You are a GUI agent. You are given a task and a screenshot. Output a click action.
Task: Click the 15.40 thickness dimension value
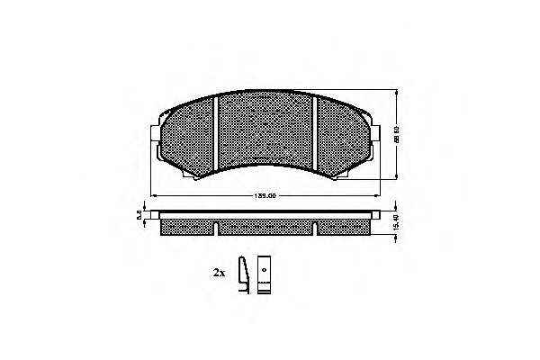click(397, 219)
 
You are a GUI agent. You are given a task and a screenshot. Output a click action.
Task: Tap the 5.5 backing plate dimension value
click(139, 213)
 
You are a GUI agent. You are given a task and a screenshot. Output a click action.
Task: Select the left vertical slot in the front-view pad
click(216, 136)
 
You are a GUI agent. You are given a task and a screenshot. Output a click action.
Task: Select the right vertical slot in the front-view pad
click(319, 136)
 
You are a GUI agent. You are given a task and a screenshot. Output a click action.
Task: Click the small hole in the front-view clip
click(264, 270)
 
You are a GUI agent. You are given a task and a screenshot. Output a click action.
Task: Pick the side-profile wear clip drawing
click(242, 275)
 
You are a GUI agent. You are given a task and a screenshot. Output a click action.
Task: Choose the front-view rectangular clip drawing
click(264, 275)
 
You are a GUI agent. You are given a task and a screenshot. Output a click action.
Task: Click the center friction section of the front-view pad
click(268, 130)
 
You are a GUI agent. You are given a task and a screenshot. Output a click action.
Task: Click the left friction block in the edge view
click(188, 226)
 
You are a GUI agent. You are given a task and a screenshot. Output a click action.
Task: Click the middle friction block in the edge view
click(268, 226)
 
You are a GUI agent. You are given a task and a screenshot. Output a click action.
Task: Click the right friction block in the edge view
click(347, 226)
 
